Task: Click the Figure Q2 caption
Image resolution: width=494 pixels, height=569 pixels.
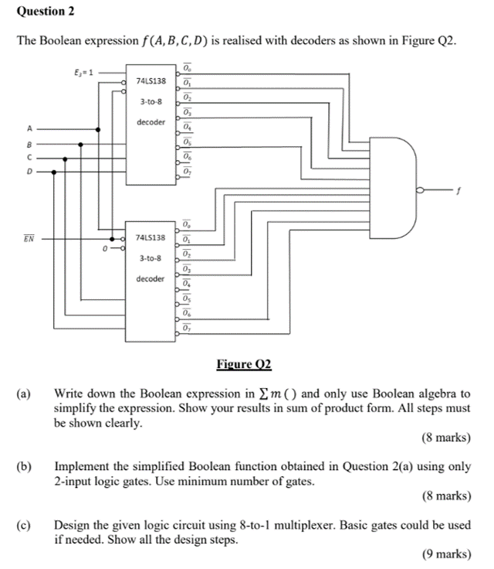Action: coord(245,363)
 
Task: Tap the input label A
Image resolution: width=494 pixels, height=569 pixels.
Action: coord(29,130)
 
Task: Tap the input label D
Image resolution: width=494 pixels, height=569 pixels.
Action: coord(29,172)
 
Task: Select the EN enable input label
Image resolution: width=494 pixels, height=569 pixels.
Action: coord(29,241)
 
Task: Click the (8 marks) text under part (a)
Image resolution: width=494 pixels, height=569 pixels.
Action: coord(446,438)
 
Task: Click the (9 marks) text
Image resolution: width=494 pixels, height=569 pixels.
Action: coord(446,554)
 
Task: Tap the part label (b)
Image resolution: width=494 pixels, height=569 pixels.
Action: coord(25,467)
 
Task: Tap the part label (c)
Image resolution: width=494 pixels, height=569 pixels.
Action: coord(25,525)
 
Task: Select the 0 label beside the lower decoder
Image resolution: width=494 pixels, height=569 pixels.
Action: coord(104,250)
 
